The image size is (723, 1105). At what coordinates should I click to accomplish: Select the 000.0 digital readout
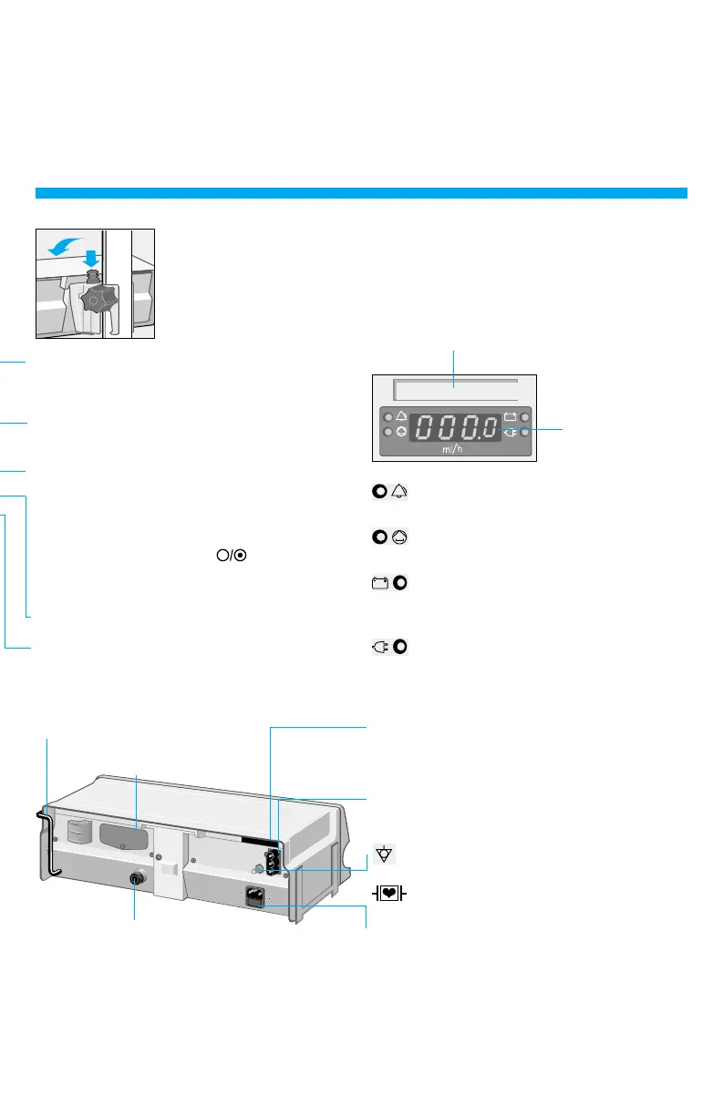452,428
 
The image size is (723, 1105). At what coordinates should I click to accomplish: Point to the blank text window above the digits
454,390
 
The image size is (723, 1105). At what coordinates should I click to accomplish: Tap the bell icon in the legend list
399,492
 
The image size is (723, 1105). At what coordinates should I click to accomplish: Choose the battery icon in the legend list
380,583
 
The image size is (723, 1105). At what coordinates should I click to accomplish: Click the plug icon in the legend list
380,647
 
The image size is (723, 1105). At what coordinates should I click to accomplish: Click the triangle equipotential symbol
386,855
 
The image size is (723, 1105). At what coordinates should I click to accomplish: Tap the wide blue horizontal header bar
361,192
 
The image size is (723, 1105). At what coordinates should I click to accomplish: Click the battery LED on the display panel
525,417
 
